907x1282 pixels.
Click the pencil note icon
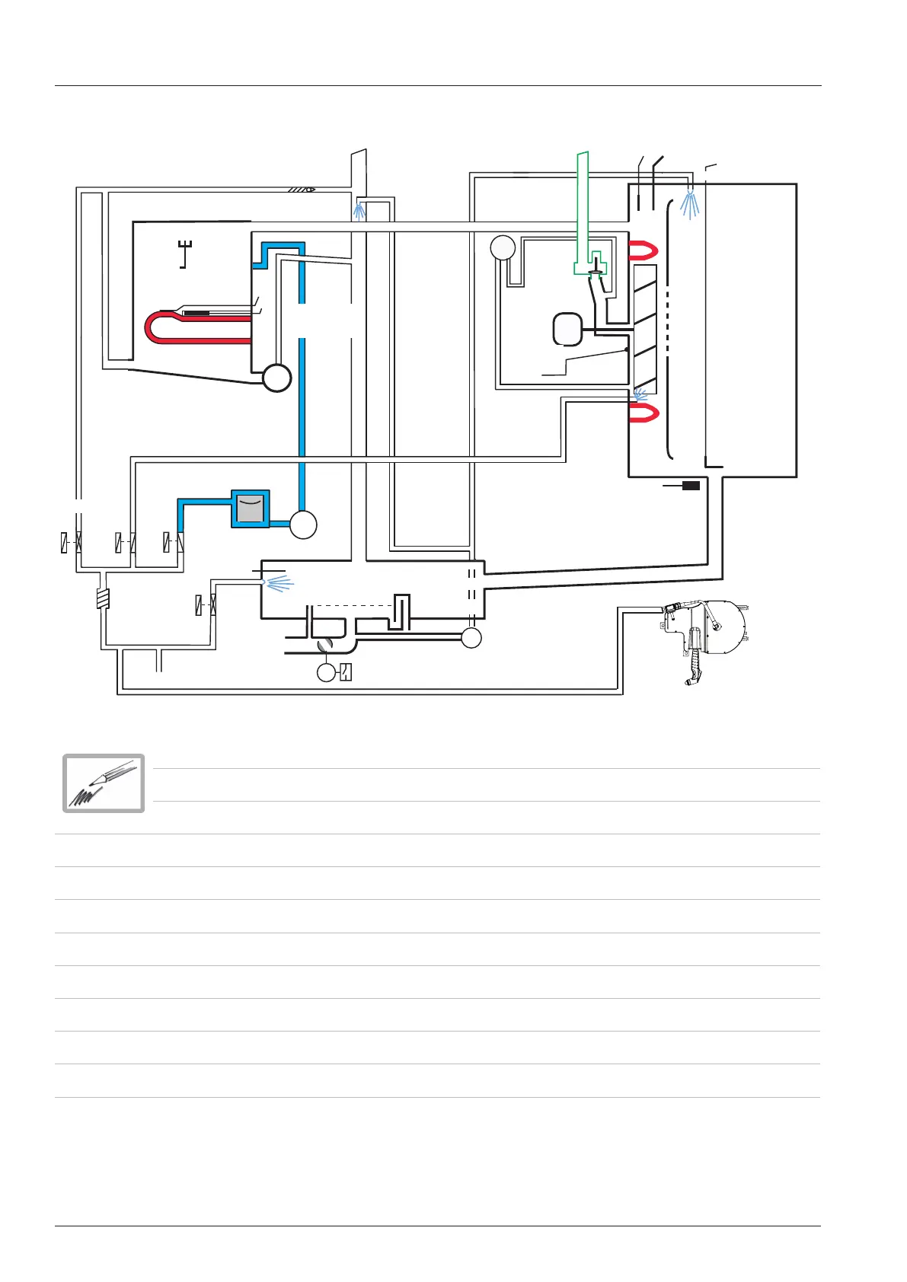[104, 783]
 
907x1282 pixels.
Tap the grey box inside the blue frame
[251, 509]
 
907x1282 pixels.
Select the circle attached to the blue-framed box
[303, 525]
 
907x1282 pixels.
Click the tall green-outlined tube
[583, 206]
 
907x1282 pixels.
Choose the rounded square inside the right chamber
[567, 329]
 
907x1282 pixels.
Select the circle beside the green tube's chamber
[503, 247]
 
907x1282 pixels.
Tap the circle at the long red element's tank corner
[276, 378]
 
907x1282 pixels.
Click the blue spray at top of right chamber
[689, 203]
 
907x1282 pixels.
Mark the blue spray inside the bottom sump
[278, 584]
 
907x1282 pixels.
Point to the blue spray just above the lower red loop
[640, 394]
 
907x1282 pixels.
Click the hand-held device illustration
[704, 636]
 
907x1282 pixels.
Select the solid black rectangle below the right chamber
[691, 485]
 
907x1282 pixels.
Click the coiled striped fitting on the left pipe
[103, 599]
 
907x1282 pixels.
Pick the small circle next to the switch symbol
[326, 672]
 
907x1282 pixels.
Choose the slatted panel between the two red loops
[645, 329]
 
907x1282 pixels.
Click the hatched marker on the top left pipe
[302, 189]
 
